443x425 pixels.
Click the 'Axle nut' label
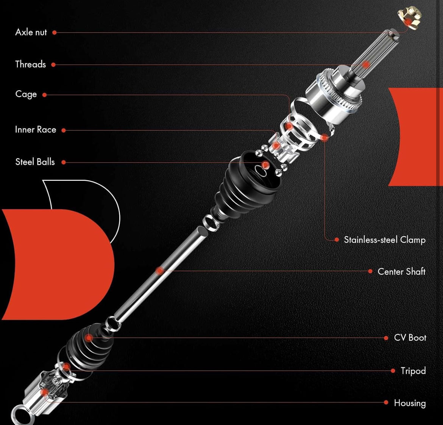coord(31,32)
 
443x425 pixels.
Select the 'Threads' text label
coord(31,64)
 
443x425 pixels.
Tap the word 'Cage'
coord(26,94)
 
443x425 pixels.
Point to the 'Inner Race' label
coord(36,130)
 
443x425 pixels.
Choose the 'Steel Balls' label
coord(35,162)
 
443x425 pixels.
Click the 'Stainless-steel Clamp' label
coord(385,240)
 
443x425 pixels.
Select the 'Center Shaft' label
coord(401,271)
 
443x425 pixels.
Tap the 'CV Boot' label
coord(410,337)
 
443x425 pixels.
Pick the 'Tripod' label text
coord(413,371)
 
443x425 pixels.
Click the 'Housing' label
coord(410,403)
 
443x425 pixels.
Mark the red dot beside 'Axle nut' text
coord(55,33)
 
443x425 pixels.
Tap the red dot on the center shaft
coord(160,271)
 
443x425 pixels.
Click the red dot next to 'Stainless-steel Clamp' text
coord(337,240)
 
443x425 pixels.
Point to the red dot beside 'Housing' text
coord(386,402)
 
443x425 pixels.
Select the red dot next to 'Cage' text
coord(44,95)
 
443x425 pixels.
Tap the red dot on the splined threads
coord(366,64)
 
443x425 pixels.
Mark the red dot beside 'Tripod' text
coord(393,371)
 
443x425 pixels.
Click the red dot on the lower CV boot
coord(89,337)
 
